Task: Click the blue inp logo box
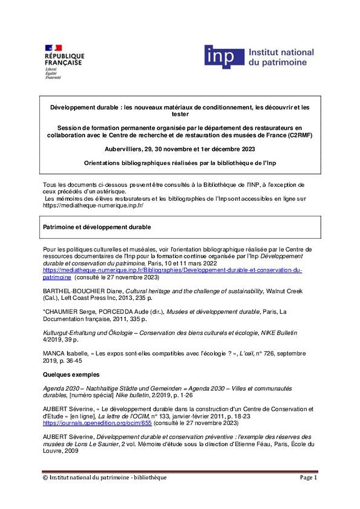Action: click(224, 57)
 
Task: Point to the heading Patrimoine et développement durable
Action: click(97, 227)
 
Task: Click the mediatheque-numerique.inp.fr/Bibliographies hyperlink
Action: click(172, 270)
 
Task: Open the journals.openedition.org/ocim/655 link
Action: click(98, 423)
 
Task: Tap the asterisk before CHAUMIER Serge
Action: click(44, 311)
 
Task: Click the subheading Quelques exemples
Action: click(71, 375)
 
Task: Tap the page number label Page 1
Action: click(308, 478)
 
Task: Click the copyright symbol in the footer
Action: click(45, 478)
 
